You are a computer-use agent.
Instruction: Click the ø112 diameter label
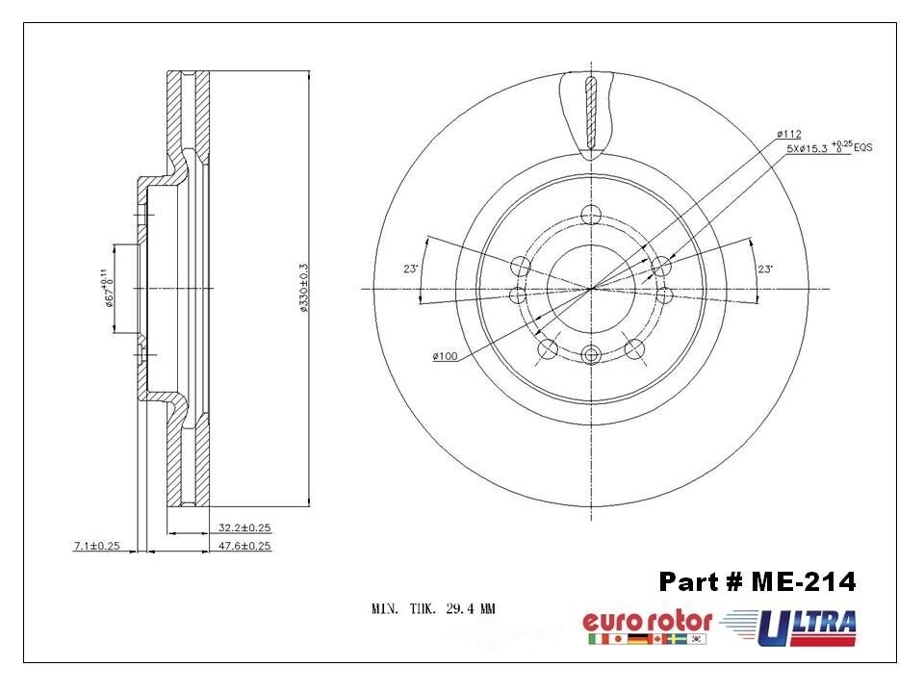tap(788, 134)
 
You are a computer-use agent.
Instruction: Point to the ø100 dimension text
tap(445, 357)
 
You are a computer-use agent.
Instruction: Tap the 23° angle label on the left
tap(410, 270)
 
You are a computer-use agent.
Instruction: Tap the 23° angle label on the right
tap(765, 270)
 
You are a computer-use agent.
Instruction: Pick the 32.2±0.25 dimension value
tap(244, 527)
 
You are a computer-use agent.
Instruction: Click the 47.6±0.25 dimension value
tap(244, 546)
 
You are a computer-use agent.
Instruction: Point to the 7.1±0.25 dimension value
tap(96, 546)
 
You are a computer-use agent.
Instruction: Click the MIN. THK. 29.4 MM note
tap(433, 608)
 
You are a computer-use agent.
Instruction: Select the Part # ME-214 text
tap(757, 582)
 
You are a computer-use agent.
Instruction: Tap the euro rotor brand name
tap(647, 621)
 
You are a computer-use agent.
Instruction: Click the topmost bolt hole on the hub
tap(592, 214)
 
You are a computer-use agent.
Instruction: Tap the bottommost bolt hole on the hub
tap(591, 354)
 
